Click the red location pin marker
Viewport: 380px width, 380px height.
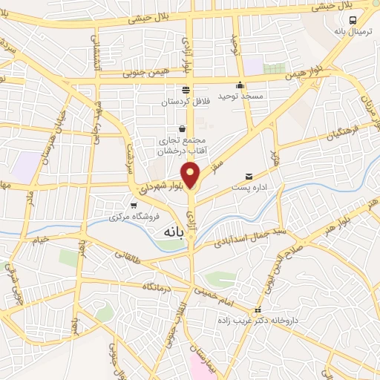click(x=191, y=174)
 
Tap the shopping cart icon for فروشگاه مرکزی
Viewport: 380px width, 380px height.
click(x=134, y=205)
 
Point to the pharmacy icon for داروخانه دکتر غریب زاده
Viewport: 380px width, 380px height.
click(x=258, y=309)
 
